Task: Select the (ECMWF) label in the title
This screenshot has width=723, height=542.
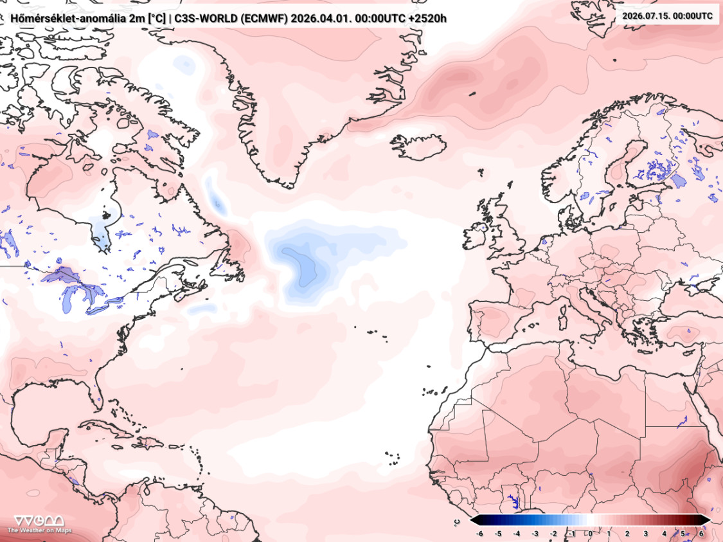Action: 263,18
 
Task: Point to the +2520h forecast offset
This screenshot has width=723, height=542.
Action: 428,18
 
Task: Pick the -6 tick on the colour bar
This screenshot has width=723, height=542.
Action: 479,533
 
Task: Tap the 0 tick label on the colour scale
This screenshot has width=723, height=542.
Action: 591,533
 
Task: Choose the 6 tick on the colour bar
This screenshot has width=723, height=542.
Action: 701,533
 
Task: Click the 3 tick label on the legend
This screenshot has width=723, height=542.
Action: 645,533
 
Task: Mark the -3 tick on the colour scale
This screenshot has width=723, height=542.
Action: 535,533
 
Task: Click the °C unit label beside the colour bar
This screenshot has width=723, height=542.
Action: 457,521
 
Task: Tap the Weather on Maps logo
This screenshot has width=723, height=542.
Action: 39,524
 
